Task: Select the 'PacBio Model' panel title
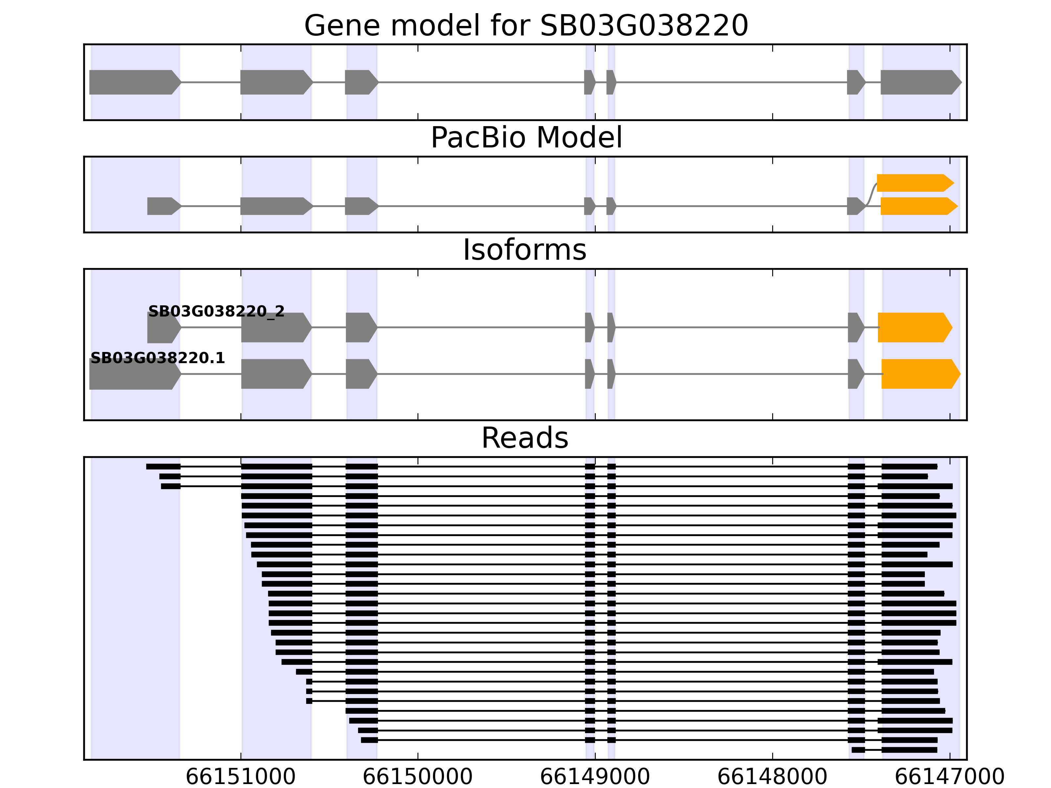coord(526,138)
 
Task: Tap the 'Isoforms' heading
coord(525,250)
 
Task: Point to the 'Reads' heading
coord(525,438)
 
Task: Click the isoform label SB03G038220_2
coord(216,312)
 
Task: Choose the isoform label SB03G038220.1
coord(157,358)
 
